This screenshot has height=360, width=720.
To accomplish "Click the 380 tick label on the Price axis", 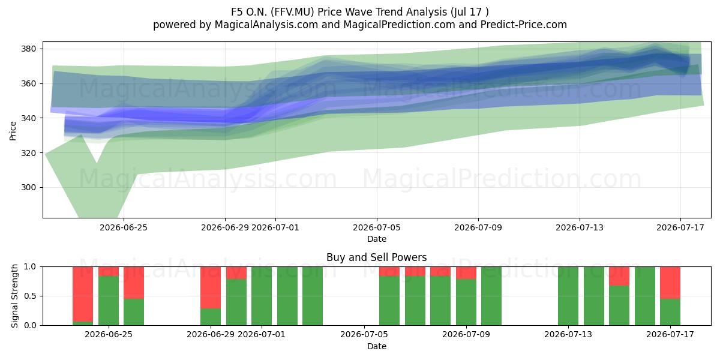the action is click(x=29, y=49).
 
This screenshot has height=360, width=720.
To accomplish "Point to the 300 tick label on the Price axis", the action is click(x=29, y=187).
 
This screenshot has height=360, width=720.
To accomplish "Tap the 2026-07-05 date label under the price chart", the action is click(x=377, y=227).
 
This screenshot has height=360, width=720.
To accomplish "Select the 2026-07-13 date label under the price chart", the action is click(x=580, y=227).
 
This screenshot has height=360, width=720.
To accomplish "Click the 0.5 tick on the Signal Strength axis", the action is click(x=30, y=296).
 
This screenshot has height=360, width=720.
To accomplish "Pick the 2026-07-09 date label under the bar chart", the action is click(x=466, y=334).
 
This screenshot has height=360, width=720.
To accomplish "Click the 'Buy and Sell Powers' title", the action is click(x=377, y=257).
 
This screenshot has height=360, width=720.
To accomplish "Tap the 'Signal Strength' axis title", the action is click(x=14, y=296).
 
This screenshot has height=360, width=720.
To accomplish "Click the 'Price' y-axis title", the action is click(x=13, y=131).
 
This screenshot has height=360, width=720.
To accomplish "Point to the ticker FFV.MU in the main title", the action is click(x=292, y=12).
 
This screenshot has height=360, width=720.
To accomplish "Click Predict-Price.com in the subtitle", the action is click(x=524, y=25).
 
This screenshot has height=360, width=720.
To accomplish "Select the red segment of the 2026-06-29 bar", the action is click(x=211, y=287).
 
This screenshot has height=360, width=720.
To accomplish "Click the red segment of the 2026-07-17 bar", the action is click(x=670, y=283).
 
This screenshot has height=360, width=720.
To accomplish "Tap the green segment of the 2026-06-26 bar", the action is click(x=134, y=312).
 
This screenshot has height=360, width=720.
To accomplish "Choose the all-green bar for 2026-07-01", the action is click(x=262, y=296).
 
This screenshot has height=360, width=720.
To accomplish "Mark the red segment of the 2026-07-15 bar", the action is click(x=619, y=276).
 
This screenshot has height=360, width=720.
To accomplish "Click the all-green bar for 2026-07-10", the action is click(x=491, y=296).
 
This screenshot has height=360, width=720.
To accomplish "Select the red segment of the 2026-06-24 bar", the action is click(x=83, y=294).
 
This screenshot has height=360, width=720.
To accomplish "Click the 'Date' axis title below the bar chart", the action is click(x=377, y=346).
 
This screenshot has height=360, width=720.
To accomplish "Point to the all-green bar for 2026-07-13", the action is click(x=568, y=296).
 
